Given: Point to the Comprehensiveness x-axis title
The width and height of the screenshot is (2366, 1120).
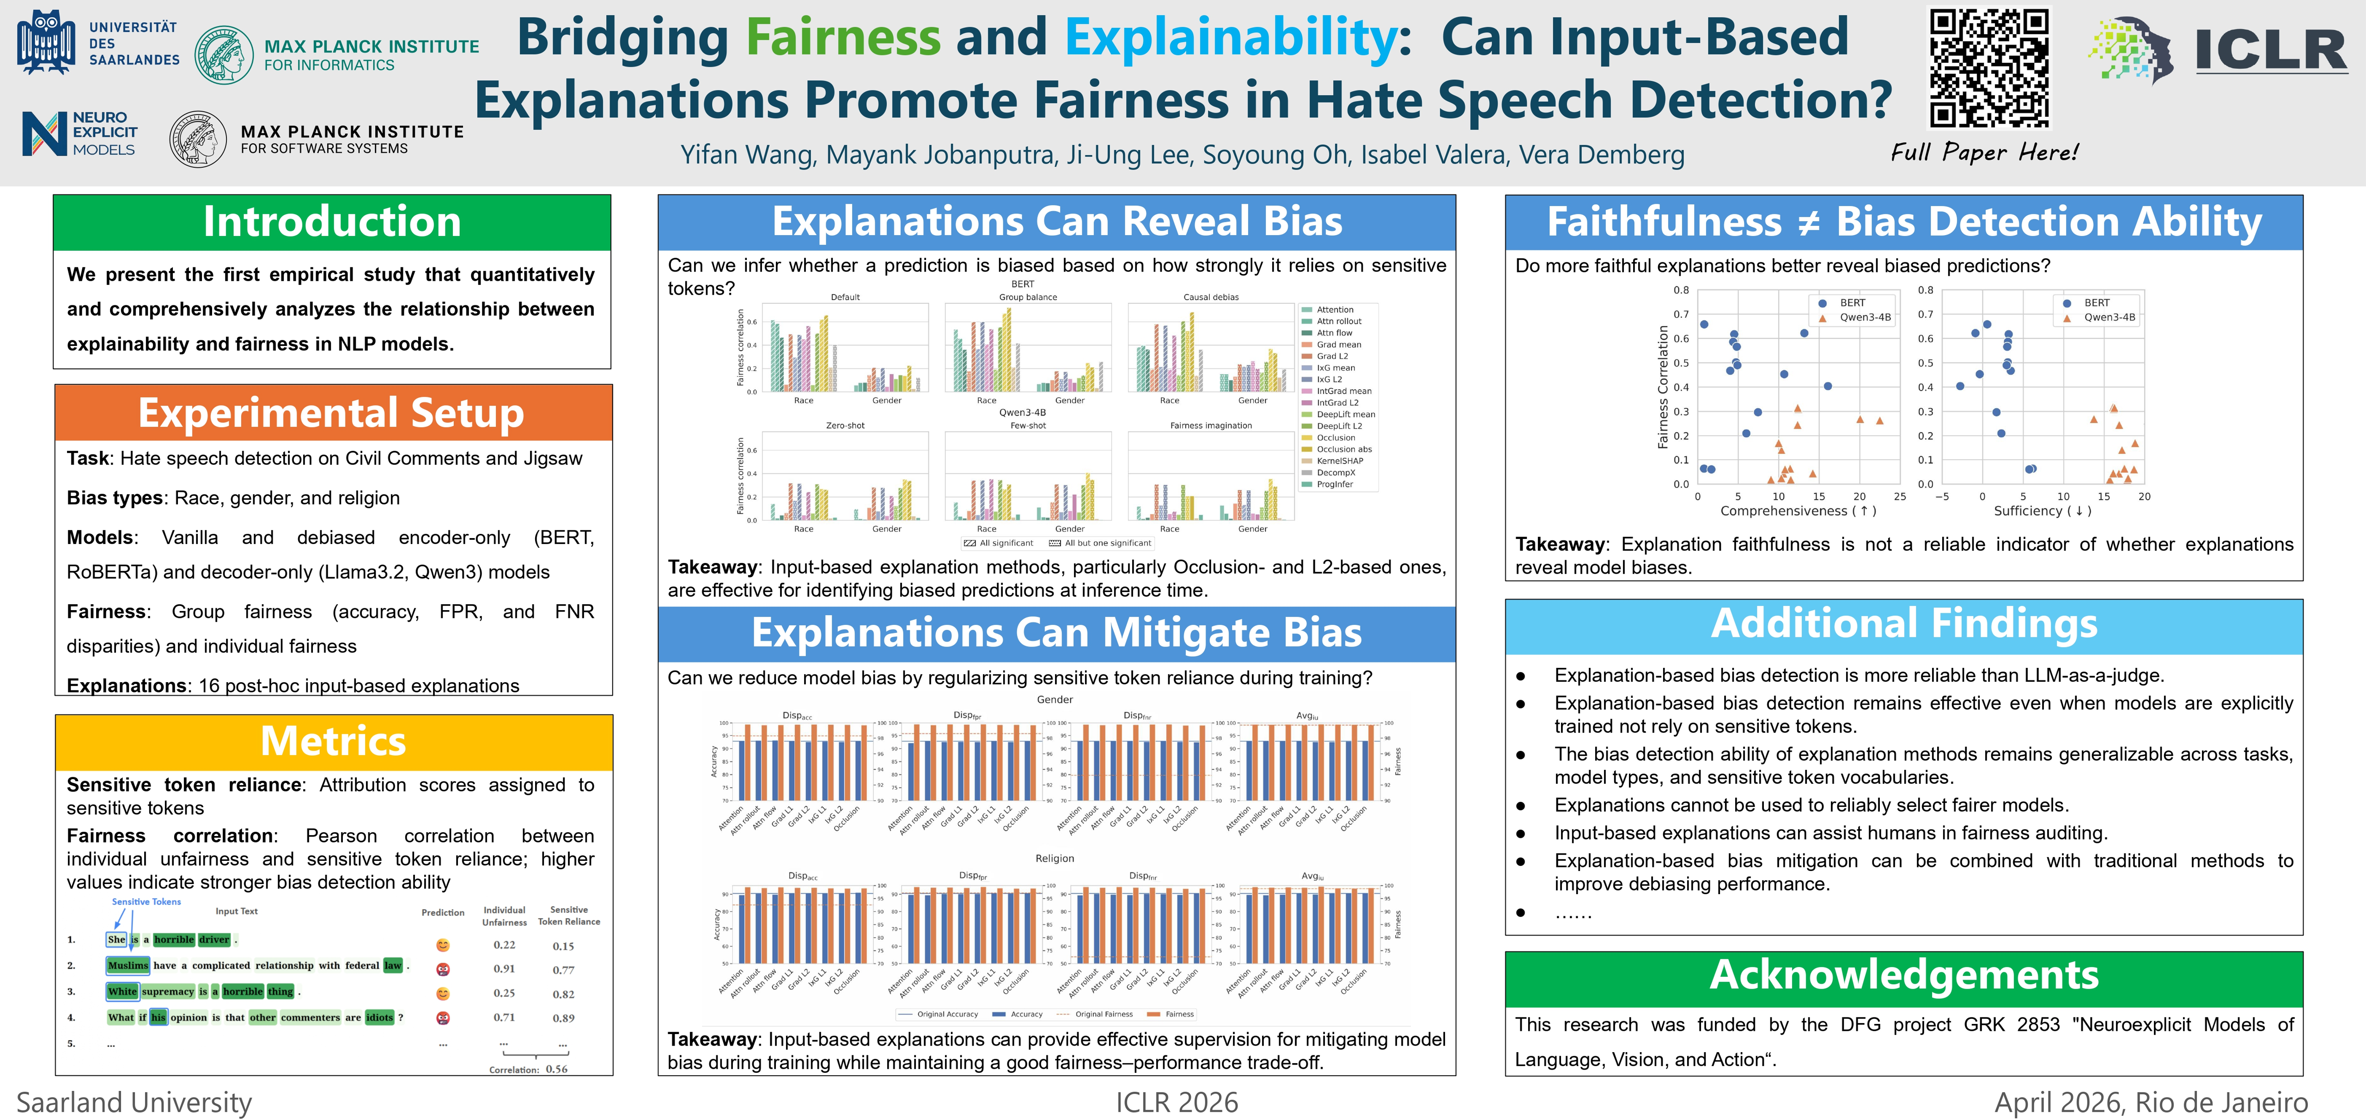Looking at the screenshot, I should click(1798, 511).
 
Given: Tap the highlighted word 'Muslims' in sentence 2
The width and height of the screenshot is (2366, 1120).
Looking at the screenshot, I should click(128, 966).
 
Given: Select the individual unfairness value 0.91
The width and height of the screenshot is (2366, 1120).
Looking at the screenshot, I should click(504, 969).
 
